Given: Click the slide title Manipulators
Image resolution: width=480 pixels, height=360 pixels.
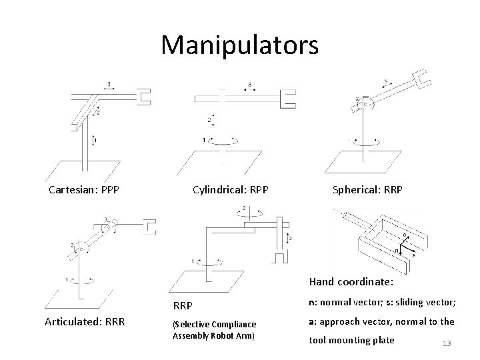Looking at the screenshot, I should click(240, 45).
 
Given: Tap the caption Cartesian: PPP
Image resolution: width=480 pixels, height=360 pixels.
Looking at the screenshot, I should click(84, 189).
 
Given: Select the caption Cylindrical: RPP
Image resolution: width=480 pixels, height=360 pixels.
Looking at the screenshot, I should click(230, 189).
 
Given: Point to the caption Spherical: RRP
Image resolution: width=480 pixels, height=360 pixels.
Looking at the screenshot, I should click(367, 189).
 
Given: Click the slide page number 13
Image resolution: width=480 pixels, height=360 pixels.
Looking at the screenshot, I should click(447, 343).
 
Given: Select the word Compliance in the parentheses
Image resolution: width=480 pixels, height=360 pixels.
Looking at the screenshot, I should click(233, 324).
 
